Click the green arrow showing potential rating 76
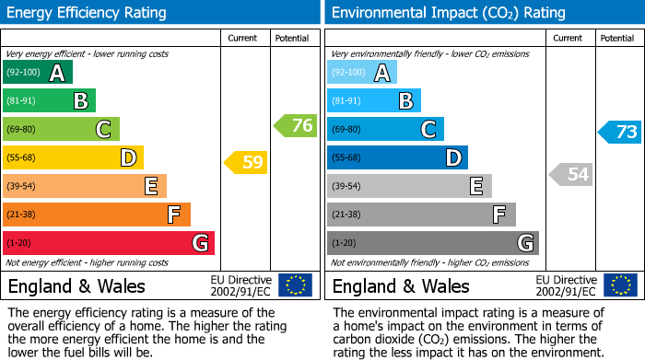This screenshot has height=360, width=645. click(x=296, y=126)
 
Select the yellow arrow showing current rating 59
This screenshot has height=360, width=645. click(x=246, y=163)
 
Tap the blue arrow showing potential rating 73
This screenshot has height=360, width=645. click(x=620, y=132)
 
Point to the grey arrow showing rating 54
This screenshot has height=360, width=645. click(x=570, y=174)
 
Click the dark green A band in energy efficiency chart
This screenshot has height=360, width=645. click(x=38, y=73)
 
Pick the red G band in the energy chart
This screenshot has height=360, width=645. click(x=109, y=243)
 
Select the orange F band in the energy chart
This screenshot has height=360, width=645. click(x=97, y=215)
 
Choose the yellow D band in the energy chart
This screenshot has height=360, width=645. click(x=73, y=157)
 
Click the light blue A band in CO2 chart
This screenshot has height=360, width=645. click(x=362, y=73)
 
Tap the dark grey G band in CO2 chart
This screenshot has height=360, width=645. click(x=433, y=243)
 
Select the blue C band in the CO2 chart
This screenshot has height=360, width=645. click(x=385, y=129)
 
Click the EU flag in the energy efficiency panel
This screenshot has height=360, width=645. click(x=295, y=285)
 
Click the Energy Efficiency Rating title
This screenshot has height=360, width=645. click(x=88, y=13)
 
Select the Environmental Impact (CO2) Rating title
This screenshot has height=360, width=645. click(x=448, y=13)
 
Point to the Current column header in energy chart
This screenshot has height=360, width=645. click(x=243, y=38)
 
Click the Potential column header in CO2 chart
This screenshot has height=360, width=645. click(x=616, y=38)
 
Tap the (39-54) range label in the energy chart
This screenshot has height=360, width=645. click(x=20, y=186)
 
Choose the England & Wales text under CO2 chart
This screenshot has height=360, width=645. click(x=401, y=285)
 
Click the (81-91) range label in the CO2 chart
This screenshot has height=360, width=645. click(x=346, y=101)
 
